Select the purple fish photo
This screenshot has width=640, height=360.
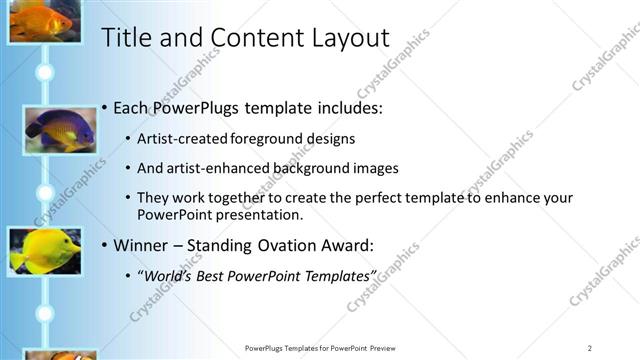point(59,129)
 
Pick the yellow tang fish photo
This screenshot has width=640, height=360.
point(44,250)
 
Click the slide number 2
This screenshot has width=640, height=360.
point(590,347)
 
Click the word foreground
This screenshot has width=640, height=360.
point(262,138)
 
